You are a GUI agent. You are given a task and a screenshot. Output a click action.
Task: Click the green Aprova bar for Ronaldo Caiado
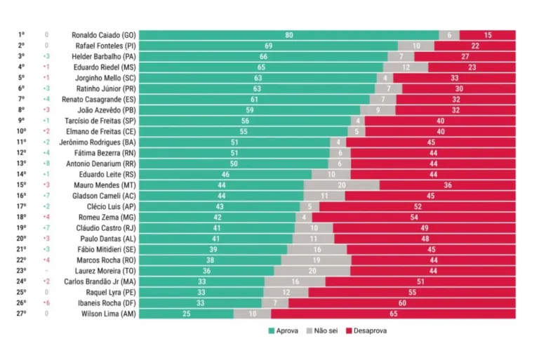[x=288, y=35]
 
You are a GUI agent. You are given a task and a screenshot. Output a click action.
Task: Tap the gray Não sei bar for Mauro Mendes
[x=342, y=185]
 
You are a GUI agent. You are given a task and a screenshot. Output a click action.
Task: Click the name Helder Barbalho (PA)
[x=104, y=56]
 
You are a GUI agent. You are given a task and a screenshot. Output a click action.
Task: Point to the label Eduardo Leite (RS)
[x=107, y=174]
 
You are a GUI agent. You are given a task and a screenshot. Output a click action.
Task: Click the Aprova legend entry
[x=284, y=331]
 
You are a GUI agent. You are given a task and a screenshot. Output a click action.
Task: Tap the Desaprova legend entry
[x=365, y=331]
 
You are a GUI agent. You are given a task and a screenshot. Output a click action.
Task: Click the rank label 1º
[x=22, y=35]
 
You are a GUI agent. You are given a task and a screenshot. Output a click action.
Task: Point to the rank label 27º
[x=22, y=314]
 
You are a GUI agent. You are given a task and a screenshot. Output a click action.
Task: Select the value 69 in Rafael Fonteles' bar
[x=269, y=46]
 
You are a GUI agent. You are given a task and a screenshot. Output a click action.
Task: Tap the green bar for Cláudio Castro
[x=217, y=228]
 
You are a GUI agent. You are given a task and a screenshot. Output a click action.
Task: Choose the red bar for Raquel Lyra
[x=412, y=292]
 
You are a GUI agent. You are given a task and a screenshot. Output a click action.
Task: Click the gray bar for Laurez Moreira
[x=312, y=271]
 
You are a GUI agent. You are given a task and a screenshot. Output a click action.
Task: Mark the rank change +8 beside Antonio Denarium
[x=46, y=164]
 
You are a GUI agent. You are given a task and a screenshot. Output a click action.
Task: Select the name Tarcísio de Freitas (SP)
[x=104, y=121]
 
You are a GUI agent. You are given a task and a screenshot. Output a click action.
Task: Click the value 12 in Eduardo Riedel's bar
[x=406, y=67]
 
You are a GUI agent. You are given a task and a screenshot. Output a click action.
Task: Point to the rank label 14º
[x=22, y=174]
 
